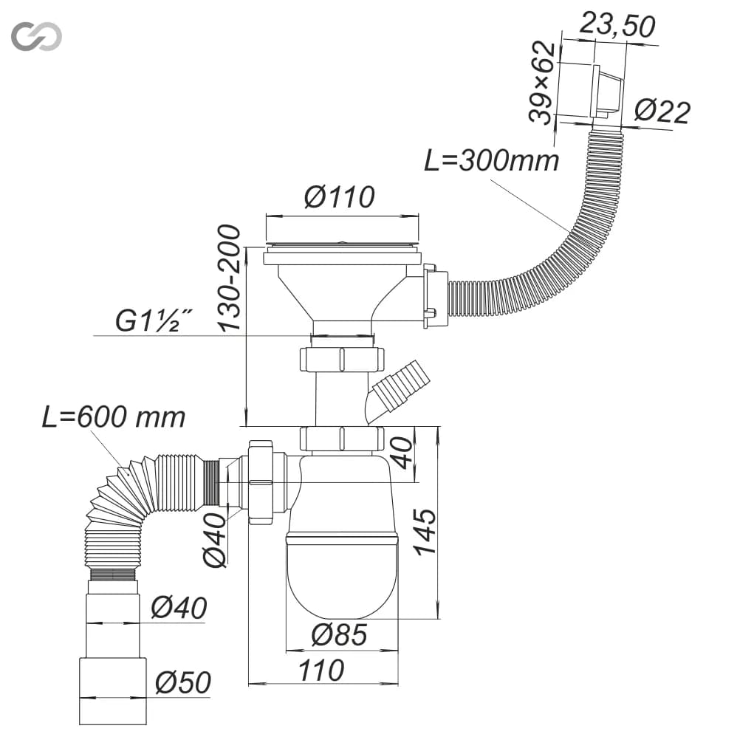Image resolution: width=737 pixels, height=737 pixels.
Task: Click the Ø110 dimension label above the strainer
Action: click(x=340, y=197)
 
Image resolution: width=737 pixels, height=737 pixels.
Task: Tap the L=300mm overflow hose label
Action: click(x=492, y=160)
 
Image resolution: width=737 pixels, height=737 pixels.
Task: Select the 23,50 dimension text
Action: click(x=617, y=25)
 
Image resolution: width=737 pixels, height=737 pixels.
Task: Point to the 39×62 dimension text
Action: click(x=542, y=83)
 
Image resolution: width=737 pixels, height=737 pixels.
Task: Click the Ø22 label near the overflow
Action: click(x=662, y=112)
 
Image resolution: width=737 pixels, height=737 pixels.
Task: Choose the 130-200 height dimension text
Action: click(x=230, y=278)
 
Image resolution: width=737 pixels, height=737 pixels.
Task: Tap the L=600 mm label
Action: click(x=114, y=417)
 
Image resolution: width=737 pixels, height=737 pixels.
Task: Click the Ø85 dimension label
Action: click(x=339, y=635)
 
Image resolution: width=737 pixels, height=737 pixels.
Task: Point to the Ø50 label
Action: click(x=183, y=682)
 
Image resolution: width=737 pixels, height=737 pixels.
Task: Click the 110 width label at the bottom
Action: click(x=321, y=671)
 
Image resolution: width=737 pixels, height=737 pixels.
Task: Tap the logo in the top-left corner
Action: click(x=36, y=36)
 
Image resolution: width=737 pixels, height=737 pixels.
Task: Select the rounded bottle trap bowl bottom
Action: click(x=343, y=577)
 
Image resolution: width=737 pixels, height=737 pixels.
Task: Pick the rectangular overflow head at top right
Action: click(x=607, y=92)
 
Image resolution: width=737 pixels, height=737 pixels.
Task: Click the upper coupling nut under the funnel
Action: click(x=342, y=360)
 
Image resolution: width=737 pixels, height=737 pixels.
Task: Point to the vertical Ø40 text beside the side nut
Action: click(x=215, y=540)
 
